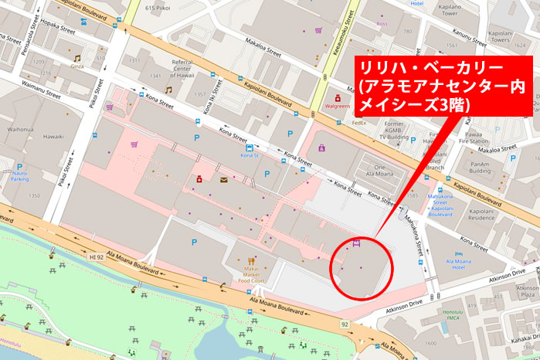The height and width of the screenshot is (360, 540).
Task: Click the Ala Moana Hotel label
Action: (464, 265)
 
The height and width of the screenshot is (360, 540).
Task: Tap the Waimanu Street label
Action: (40, 90)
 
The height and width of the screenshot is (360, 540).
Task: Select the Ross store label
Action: (382, 24)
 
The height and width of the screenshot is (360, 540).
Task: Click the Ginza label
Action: (76, 67)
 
